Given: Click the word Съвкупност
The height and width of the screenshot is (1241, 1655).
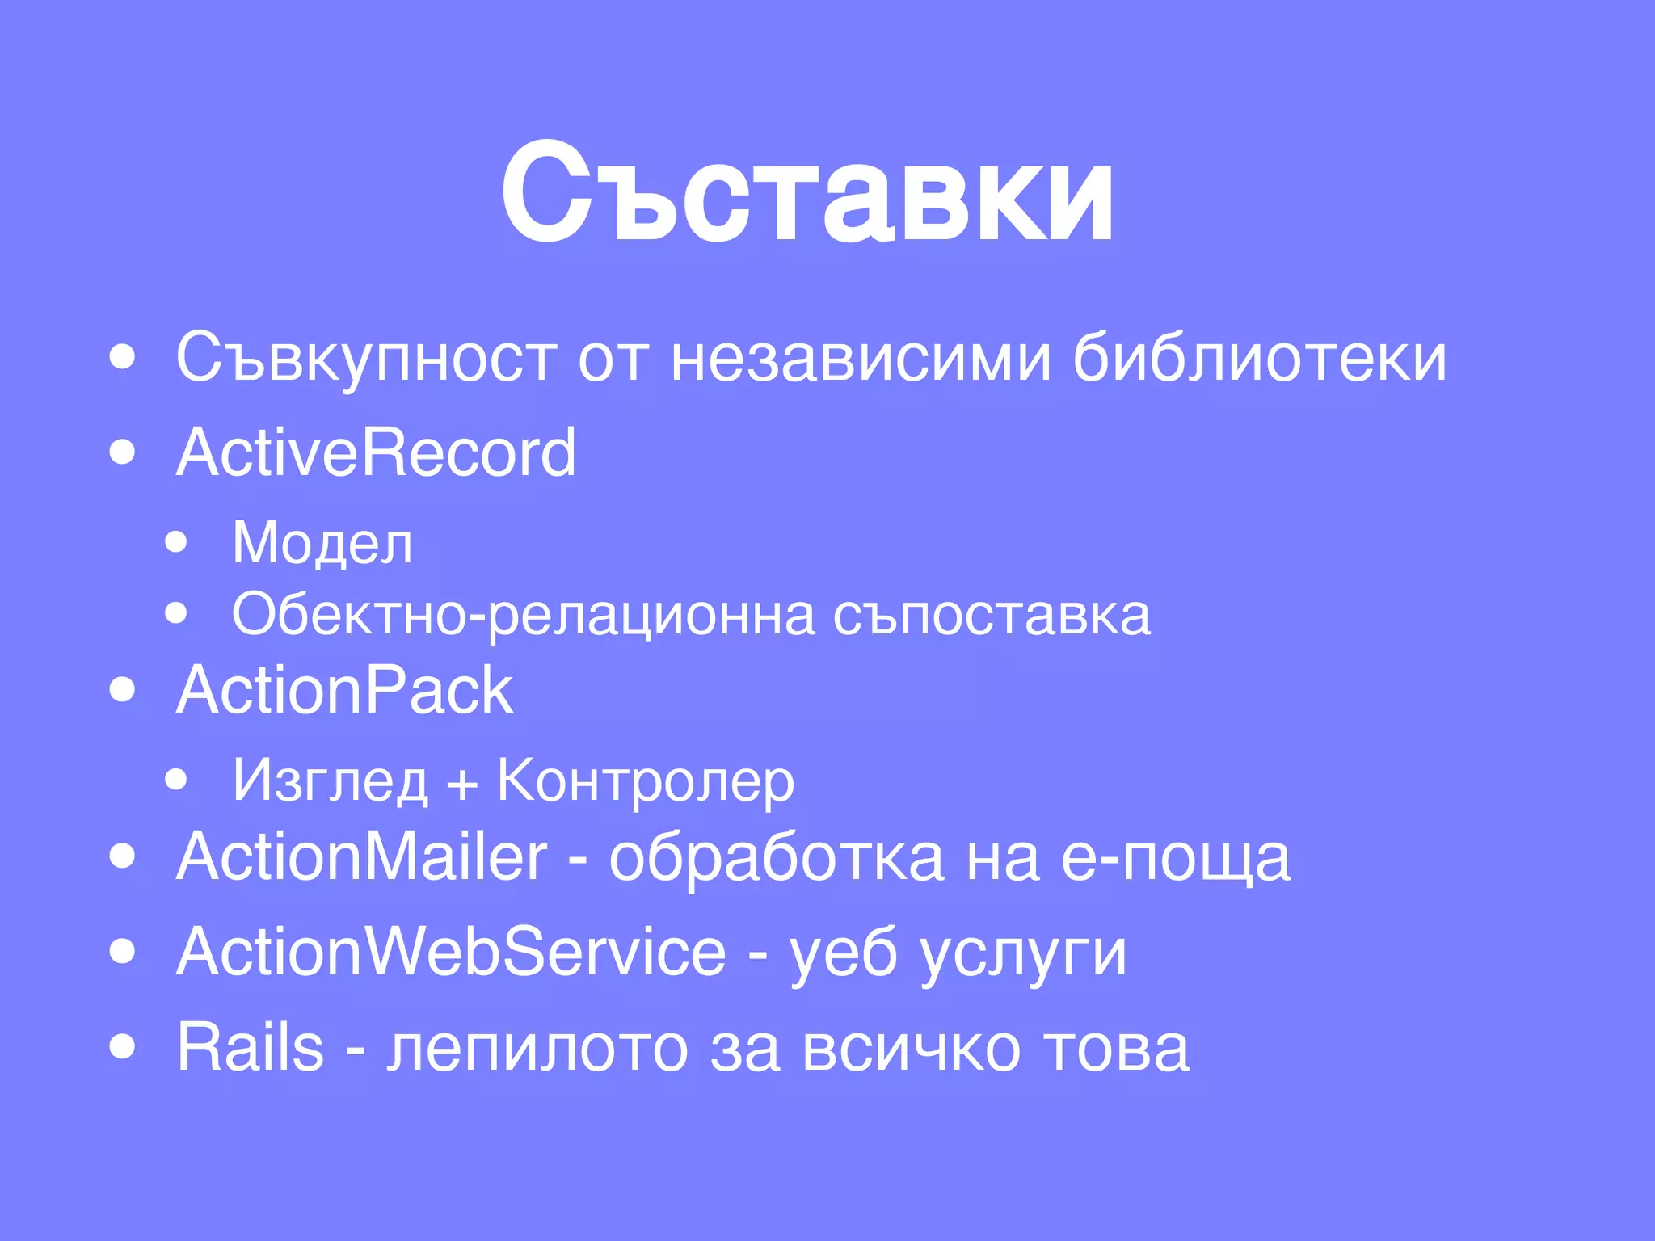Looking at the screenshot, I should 366,357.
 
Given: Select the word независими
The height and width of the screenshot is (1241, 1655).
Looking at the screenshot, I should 861,357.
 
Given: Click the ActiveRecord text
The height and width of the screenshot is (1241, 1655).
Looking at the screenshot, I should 376,452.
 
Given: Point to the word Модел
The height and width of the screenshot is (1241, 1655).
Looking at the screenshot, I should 322,542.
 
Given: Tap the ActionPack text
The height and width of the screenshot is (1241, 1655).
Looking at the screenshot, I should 344,691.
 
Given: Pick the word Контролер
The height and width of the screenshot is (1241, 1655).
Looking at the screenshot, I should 646,781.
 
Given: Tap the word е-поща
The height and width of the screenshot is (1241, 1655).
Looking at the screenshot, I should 1176,858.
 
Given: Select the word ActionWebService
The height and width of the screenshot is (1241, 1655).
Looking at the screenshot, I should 451,952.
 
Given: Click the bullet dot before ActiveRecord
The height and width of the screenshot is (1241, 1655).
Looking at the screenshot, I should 122,452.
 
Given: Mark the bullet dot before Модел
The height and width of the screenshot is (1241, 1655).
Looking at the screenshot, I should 175,542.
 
